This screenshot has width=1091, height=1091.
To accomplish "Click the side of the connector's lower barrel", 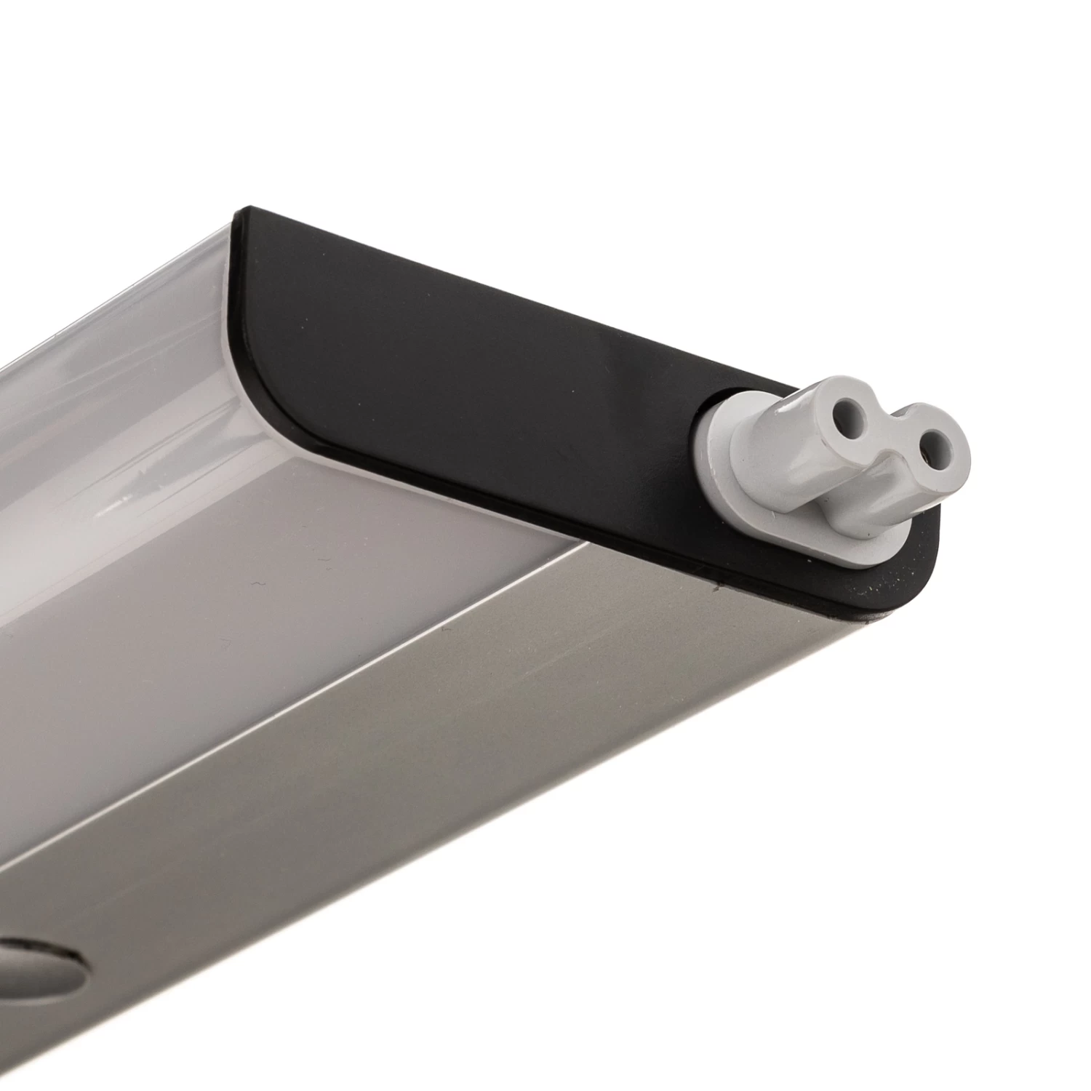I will (x=873, y=502).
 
